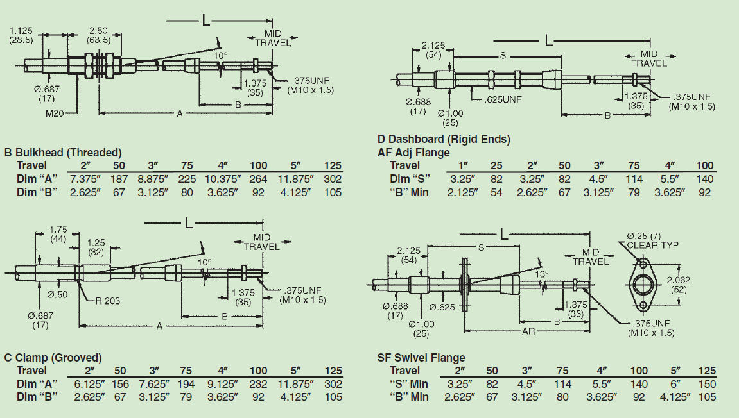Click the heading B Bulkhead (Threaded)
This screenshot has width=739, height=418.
point(63,153)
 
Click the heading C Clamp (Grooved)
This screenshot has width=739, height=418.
point(53,358)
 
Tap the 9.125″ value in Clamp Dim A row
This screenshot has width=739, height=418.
point(223,383)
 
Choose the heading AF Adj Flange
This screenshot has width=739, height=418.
point(413,153)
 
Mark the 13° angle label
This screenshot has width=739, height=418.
point(543,274)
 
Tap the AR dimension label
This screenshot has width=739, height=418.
point(528,331)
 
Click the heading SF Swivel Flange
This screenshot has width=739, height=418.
point(421,358)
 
